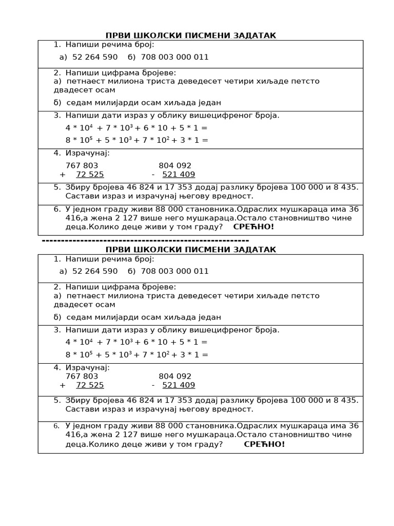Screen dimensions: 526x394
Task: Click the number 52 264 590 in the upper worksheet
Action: coord(95,57)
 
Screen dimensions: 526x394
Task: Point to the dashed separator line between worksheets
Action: coord(145,240)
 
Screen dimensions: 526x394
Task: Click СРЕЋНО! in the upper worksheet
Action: coord(253,227)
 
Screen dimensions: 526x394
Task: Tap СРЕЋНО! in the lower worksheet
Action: coord(264,444)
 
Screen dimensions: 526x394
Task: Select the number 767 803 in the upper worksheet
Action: coord(82,165)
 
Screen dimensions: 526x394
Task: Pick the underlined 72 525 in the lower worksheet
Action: coord(90,385)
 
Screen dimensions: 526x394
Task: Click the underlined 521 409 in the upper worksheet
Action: coord(179,174)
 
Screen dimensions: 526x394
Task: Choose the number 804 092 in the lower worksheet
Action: coord(175,377)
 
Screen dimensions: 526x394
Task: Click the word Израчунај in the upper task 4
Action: coord(87,153)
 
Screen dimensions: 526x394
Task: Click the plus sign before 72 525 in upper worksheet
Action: coord(63,174)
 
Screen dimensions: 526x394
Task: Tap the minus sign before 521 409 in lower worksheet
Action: coord(153,385)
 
